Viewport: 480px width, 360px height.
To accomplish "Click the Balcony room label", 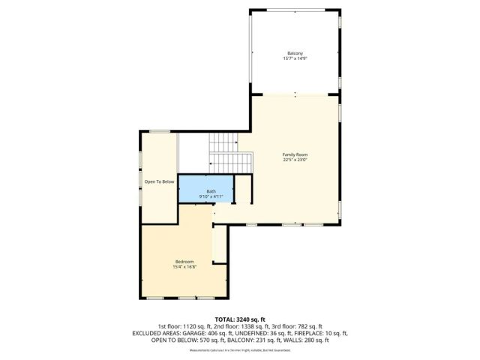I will point(295,52).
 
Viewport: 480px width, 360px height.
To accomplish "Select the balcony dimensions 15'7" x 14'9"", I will point(295,58).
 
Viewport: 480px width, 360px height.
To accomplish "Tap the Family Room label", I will point(295,154).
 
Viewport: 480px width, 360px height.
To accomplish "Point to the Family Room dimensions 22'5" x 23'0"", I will point(295,160).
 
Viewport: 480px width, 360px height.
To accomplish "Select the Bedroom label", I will point(184,261).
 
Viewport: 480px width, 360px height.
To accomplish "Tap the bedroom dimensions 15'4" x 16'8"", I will point(184,266).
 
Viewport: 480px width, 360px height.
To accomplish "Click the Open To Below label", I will point(159,181).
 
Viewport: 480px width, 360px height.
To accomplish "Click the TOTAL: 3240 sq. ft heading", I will point(240,319).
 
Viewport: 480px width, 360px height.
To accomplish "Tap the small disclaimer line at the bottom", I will point(240,350).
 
